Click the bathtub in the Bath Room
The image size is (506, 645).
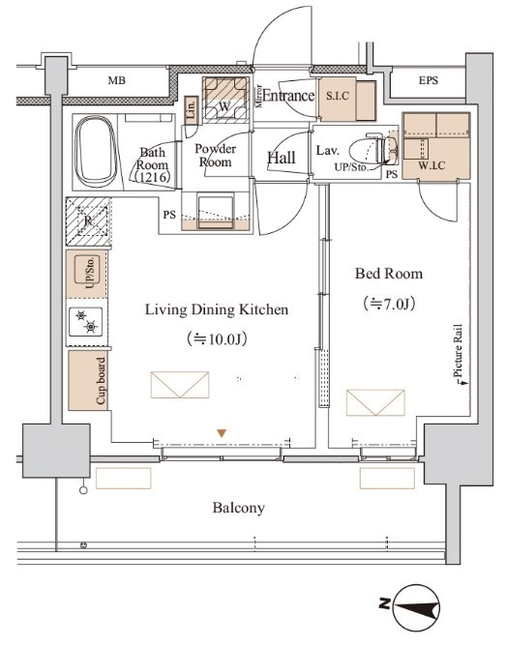[95, 152]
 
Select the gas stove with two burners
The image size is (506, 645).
[86, 322]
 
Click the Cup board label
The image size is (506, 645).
[101, 380]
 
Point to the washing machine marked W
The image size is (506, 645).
[225, 100]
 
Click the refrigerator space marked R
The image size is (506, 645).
[88, 221]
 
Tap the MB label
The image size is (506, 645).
[116, 80]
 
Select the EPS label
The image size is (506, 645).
[429, 80]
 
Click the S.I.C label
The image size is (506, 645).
[338, 96]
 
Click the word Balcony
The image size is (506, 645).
[238, 509]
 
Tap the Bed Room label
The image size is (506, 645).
[389, 274]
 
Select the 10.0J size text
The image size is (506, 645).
[217, 339]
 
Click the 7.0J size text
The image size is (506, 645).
[389, 304]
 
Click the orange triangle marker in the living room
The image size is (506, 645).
[222, 433]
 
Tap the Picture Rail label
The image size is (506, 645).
[458, 351]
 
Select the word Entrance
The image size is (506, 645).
[288, 96]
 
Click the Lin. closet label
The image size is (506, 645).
[191, 109]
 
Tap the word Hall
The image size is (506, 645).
[282, 158]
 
